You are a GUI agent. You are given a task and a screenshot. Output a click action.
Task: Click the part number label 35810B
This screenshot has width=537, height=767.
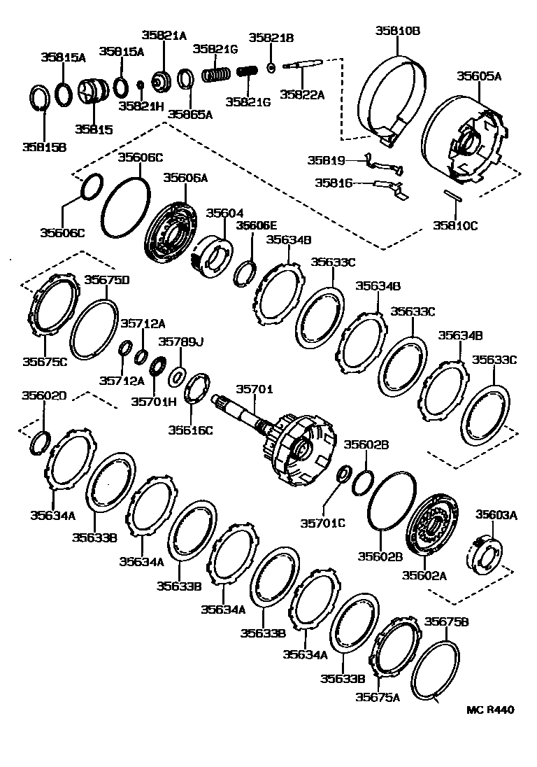coord(397,31)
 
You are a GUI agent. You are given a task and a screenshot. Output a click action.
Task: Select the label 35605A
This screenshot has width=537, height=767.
coord(479,76)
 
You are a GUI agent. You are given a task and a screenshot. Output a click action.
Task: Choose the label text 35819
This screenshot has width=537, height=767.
coord(327,160)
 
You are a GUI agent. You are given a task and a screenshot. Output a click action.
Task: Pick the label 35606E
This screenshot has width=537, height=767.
coord(256,225)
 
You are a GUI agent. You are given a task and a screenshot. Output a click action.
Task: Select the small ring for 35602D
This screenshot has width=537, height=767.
coord(41,442)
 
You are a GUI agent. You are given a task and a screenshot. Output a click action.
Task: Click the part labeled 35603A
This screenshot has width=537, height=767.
coord(483,553)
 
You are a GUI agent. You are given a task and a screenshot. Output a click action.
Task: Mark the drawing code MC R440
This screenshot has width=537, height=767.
coord(490,710)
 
